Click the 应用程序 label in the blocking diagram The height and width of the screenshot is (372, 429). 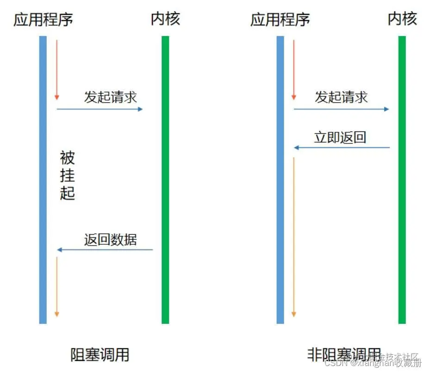click(x=43, y=20)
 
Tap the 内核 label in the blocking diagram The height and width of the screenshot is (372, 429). click(x=165, y=19)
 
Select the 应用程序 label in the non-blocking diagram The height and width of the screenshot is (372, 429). click(x=280, y=20)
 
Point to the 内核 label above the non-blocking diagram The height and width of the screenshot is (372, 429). click(x=402, y=19)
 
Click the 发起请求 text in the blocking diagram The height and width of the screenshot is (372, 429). click(x=110, y=97)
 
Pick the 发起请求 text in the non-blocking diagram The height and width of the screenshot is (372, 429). click(x=341, y=97)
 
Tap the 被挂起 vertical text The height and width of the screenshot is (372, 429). click(x=67, y=175)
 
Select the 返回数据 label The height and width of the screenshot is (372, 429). click(x=110, y=239)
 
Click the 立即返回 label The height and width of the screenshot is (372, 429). click(x=340, y=137)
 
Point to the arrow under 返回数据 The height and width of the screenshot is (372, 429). click(x=105, y=250)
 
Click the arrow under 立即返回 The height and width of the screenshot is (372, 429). click(x=342, y=148)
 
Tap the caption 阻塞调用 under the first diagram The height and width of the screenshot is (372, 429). click(x=99, y=355)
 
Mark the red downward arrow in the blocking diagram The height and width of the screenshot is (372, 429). click(x=57, y=69)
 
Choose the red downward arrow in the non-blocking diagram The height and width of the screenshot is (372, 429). click(x=293, y=69)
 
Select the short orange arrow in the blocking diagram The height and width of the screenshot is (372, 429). click(x=57, y=287)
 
